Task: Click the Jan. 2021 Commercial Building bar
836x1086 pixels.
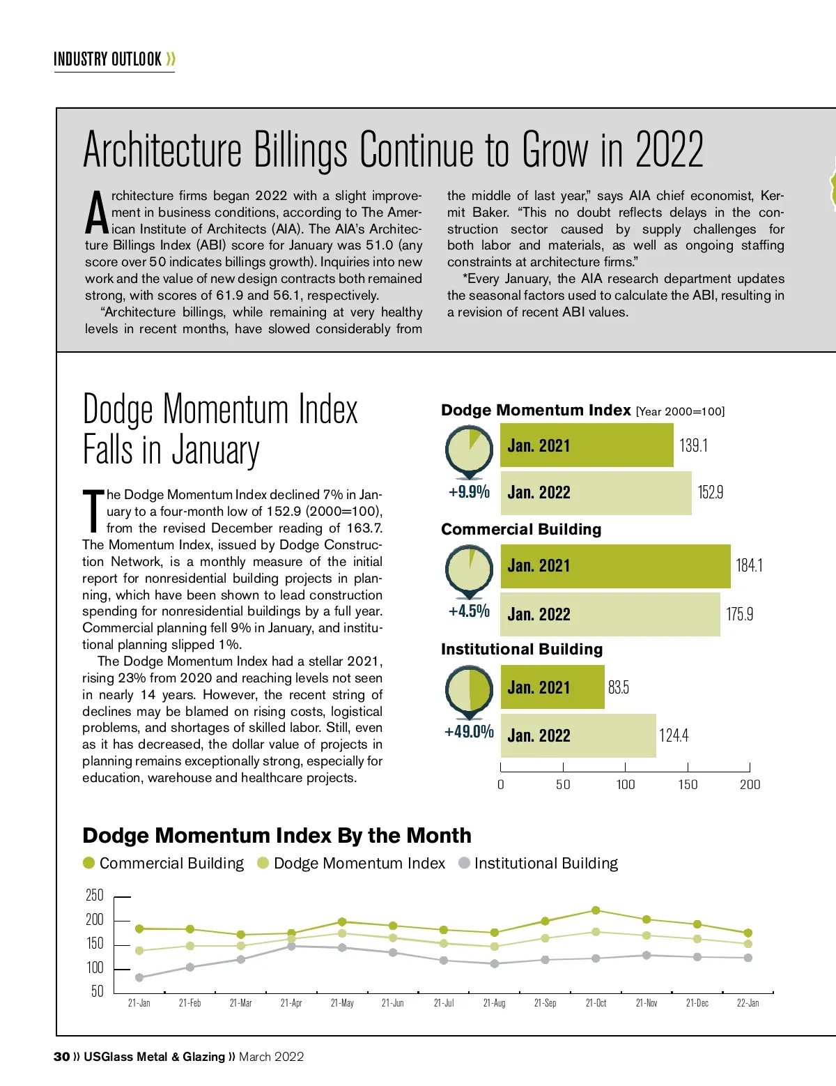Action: pos(615,566)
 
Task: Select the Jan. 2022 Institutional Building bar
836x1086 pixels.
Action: pos(578,735)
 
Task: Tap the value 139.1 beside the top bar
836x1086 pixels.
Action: pos(693,445)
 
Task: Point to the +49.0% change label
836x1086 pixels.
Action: pos(469,732)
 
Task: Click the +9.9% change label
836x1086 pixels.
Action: pos(469,492)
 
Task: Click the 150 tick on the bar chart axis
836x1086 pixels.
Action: pos(688,784)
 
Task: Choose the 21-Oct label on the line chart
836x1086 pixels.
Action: pos(596,1003)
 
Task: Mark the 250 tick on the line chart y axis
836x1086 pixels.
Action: pos(94,895)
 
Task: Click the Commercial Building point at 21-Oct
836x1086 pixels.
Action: pos(596,910)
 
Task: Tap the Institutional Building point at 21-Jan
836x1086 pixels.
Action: pos(139,977)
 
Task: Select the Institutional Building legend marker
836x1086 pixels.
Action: pos(464,863)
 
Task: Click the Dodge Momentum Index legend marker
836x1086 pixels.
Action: pos(263,863)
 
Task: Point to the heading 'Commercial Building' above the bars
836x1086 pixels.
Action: pos(521,529)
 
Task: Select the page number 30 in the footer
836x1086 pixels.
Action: pos(61,1057)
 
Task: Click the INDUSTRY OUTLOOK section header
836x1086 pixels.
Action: pos(108,59)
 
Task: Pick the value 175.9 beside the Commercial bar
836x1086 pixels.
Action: pos(739,614)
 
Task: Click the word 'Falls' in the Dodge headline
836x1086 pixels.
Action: pos(108,450)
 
